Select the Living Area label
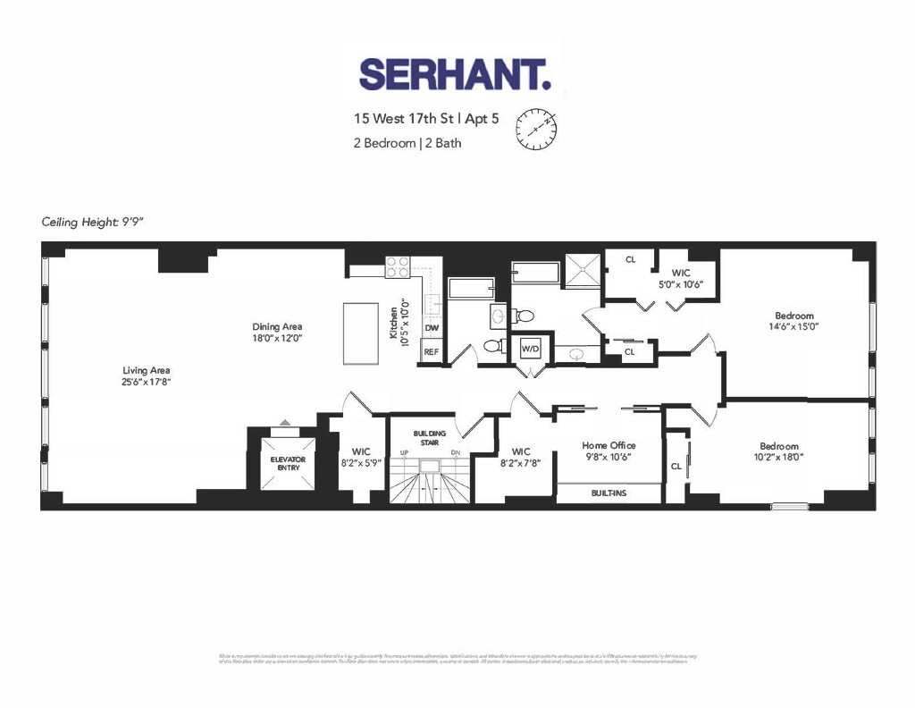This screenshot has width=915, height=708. click(x=147, y=375)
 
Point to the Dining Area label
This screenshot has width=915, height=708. click(x=277, y=333)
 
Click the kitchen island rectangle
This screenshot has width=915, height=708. click(x=362, y=333)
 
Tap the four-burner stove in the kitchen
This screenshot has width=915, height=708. click(x=398, y=266)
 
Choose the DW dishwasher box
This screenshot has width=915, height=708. click(x=432, y=328)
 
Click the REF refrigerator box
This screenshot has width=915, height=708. click(x=432, y=353)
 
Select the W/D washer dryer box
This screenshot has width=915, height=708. click(x=531, y=347)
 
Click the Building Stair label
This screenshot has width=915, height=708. click(x=429, y=437)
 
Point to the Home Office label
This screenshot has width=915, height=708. click(x=609, y=451)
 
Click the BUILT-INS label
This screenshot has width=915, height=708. click(x=609, y=493)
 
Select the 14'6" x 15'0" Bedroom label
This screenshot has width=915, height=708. click(x=793, y=321)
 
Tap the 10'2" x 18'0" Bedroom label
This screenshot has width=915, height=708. click(x=779, y=451)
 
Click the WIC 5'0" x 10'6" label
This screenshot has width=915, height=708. click(x=682, y=278)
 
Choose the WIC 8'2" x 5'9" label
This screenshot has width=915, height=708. click(x=361, y=457)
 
